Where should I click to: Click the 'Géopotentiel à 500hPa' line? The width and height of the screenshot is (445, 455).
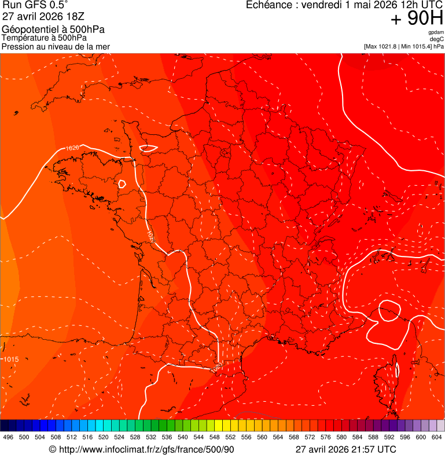tap(53, 30)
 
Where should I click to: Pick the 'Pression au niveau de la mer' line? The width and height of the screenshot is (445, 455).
tap(56, 46)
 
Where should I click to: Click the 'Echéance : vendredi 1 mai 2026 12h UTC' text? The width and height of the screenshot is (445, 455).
tap(344, 5)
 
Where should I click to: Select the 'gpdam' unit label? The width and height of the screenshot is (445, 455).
tap(436, 32)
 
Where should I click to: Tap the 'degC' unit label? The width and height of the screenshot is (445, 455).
tap(437, 39)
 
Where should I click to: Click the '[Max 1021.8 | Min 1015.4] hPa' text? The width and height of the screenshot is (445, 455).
tap(403, 46)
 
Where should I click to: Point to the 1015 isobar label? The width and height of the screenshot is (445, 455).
tap(11, 359)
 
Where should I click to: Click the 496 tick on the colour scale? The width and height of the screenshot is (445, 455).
tap(8, 438)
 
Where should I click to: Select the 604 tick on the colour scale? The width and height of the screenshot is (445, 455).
tap(437, 438)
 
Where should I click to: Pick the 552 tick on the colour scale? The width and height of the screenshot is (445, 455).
tap(230, 438)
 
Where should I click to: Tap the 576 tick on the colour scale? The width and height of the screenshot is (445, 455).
tap(326, 438)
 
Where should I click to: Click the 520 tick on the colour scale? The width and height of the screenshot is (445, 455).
tap(104, 438)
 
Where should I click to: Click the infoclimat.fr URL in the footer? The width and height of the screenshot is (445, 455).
tap(142, 449)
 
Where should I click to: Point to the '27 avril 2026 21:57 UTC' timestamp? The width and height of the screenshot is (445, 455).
tap(346, 449)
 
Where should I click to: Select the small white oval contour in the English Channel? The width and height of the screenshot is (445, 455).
tap(148, 148)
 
